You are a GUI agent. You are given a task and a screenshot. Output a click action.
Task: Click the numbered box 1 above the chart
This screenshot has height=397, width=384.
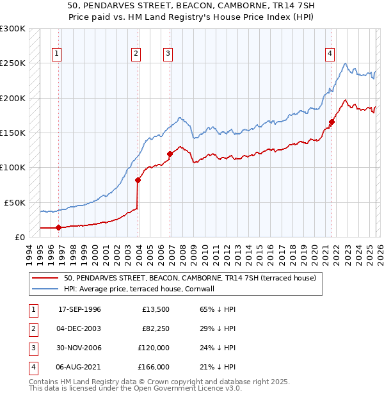pos(58,54)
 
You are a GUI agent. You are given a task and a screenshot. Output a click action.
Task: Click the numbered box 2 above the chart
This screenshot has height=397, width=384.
pos(136,54)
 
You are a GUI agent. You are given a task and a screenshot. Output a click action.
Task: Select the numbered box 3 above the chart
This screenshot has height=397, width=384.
pos(168,54)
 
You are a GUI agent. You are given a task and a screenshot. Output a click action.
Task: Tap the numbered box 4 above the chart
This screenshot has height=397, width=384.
pos(330,54)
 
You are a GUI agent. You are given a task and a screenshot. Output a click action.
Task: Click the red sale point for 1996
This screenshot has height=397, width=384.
pos(58,227)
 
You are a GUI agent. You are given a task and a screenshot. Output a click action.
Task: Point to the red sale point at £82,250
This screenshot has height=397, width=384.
pos(138,180)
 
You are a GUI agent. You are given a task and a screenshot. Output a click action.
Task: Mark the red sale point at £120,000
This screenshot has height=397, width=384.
pos(170,154)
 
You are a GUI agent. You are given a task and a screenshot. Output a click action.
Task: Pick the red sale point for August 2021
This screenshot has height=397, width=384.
pos(332,122)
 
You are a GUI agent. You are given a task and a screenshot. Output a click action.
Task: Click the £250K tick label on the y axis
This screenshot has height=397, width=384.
pos(13,63)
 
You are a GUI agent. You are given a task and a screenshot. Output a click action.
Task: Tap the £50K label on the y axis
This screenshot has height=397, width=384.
pos(15,202)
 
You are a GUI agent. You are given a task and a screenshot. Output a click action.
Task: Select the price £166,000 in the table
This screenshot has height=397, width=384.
pos(154,367)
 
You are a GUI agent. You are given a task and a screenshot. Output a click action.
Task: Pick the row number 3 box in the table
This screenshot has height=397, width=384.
pos(33,348)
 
